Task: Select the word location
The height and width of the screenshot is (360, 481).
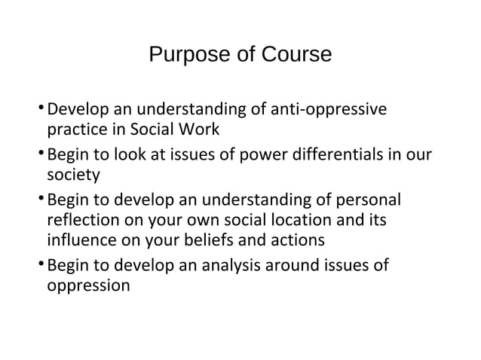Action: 319,222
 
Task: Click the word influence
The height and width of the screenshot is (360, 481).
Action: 81,242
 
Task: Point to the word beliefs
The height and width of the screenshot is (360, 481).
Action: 238,242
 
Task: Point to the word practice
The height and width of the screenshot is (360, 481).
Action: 75,130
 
